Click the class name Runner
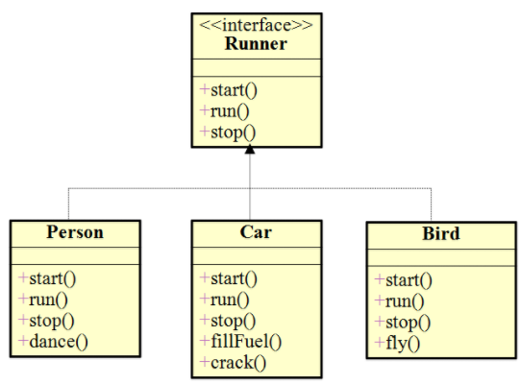pos(255,43)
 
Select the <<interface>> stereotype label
pos(255,24)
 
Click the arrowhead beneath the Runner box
pos(250,151)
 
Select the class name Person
pos(75,232)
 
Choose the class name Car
pos(255,232)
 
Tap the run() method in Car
pos(224,300)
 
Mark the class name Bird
pos(440,233)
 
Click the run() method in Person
pos(42,300)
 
